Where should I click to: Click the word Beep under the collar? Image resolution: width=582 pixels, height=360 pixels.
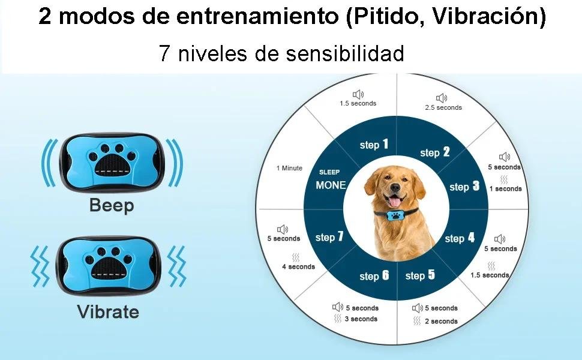(x=112, y=205)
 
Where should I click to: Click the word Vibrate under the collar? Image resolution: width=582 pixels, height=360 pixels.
(x=109, y=311)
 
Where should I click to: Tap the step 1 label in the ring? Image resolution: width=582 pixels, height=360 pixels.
(x=374, y=145)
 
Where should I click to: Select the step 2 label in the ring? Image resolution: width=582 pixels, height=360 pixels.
(x=435, y=152)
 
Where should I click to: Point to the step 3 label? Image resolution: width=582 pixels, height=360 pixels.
(x=464, y=187)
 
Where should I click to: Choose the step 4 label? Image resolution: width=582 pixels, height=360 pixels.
(x=460, y=238)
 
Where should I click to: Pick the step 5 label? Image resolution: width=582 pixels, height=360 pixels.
(x=420, y=275)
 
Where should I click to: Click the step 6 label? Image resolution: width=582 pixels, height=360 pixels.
(x=374, y=276)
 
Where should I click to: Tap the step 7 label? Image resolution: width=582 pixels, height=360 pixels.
(x=329, y=237)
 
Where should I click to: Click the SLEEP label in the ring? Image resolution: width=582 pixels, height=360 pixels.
(x=329, y=172)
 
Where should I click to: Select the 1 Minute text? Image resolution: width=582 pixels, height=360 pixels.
(x=290, y=168)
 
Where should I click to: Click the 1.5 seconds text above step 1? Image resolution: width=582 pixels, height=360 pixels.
(x=358, y=104)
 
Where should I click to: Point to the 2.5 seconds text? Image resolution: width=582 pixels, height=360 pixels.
(x=443, y=107)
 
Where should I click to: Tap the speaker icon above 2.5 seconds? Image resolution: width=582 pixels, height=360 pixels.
(x=442, y=98)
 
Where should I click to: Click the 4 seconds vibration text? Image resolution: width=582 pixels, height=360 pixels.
(x=298, y=266)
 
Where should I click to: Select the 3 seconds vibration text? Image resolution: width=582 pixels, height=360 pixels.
(x=361, y=319)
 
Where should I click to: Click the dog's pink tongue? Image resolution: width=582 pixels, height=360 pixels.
(x=394, y=202)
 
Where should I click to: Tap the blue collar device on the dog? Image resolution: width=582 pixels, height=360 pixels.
(x=394, y=216)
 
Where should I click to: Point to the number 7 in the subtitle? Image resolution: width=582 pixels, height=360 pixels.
(x=164, y=53)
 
